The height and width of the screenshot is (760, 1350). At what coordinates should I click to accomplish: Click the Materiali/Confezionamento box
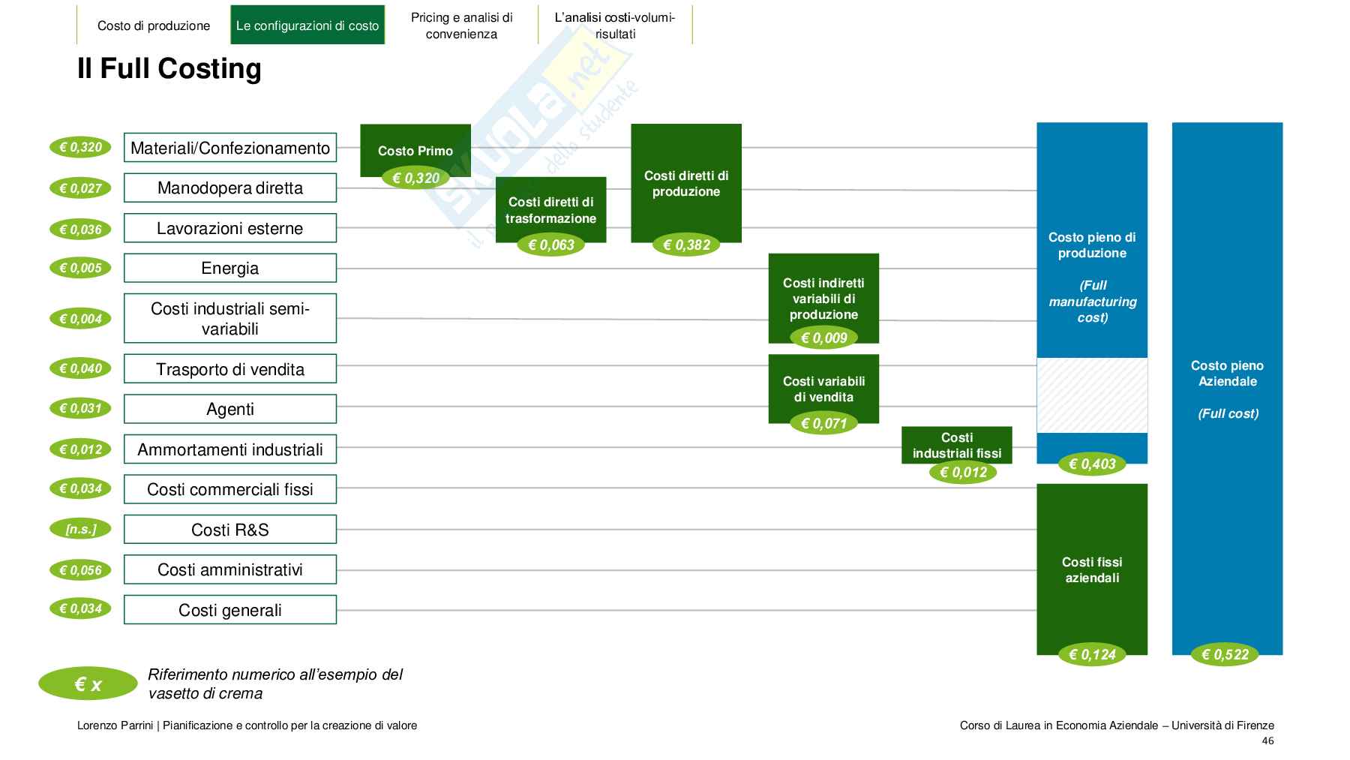click(x=229, y=148)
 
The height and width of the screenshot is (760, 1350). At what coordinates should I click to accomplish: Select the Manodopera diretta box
click(x=229, y=188)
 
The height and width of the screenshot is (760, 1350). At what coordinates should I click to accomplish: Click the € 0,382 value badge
click(x=686, y=245)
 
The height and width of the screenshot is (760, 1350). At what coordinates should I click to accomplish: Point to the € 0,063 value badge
click(x=550, y=245)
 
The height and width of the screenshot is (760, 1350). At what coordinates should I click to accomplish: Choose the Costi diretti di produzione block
click(x=685, y=183)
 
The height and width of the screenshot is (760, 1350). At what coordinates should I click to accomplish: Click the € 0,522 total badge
click(x=1225, y=655)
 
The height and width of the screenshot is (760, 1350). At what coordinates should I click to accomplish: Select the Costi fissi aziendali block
click(x=1091, y=569)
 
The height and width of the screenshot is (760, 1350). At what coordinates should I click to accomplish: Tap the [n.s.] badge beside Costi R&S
click(x=80, y=529)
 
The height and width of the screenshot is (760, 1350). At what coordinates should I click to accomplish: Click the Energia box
click(x=229, y=268)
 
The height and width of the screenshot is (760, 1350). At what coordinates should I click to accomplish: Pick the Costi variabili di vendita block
click(x=823, y=388)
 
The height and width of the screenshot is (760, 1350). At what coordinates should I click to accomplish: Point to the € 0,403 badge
click(x=1092, y=464)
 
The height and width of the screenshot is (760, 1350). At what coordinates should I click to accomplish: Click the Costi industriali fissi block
click(x=956, y=444)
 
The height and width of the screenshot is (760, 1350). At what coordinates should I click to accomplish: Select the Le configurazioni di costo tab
click(x=307, y=26)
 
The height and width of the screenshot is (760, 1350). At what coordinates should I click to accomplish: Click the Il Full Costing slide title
click(x=169, y=68)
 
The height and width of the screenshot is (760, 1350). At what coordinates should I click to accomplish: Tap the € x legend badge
click(x=88, y=684)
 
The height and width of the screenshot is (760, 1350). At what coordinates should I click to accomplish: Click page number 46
click(x=1267, y=741)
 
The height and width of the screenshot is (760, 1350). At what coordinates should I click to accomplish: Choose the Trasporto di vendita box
click(x=229, y=369)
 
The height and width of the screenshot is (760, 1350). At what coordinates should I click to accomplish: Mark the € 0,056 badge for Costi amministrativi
click(x=80, y=570)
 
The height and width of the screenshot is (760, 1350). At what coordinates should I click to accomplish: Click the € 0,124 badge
click(x=1092, y=655)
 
